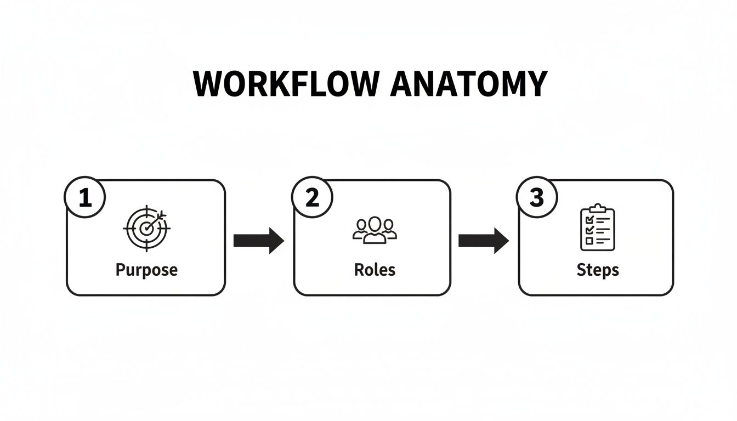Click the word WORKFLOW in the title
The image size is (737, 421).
pos(286,84)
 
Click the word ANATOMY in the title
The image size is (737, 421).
pos(468,84)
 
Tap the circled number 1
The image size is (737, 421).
pos(85,198)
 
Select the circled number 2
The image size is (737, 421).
pos(312,198)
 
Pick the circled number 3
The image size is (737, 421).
pos(537,198)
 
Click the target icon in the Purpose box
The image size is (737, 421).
pos(146,227)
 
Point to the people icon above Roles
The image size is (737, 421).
pos(375,230)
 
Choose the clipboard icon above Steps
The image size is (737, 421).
pos(597,227)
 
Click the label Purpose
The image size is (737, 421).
pos(146,270)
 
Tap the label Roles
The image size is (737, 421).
pos(375,270)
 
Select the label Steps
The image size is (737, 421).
pos(597,270)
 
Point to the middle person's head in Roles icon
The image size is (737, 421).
pos(375,224)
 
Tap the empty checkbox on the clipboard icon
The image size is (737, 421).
pos(589,241)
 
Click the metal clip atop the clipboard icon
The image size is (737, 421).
pos(597,208)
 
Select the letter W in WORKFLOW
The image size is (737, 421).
pos(208,84)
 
